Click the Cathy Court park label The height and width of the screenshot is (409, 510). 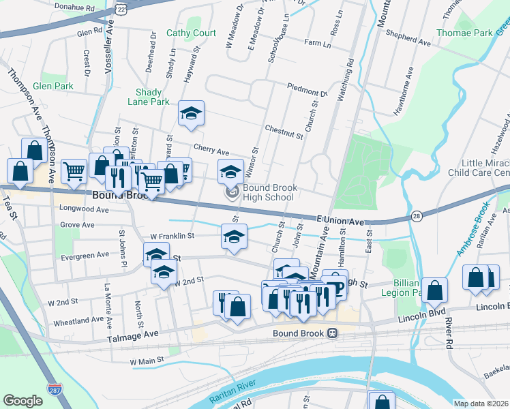(191, 33)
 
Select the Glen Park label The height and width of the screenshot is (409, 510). (52, 87)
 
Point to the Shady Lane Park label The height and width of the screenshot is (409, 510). (148, 97)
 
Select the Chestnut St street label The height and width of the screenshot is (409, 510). (284, 131)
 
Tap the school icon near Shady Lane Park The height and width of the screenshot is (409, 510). (192, 115)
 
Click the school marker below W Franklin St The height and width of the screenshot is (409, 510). (233, 237)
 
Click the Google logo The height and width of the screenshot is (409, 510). (23, 401)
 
